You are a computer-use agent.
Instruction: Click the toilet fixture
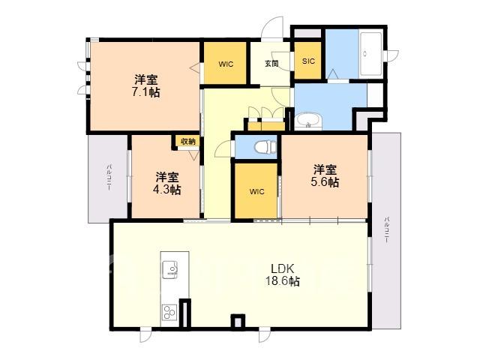point(265,147)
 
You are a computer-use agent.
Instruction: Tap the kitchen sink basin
point(170,270)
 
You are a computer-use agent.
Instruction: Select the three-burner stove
point(169,312)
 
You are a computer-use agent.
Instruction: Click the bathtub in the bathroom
point(370,53)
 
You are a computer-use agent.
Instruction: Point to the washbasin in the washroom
point(309,121)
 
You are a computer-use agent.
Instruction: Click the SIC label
point(308,61)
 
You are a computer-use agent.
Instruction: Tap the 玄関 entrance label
point(271,64)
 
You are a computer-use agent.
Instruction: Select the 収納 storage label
point(188,142)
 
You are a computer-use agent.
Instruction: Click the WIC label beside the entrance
point(226,64)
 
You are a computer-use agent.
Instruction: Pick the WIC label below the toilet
point(256,192)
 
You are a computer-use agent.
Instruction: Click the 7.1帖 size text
point(146,91)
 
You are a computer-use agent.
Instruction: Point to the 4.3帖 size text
point(166,190)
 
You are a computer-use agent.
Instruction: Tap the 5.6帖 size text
point(325,182)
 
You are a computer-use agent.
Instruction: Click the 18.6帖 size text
point(282,281)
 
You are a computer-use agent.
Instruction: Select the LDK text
point(283,268)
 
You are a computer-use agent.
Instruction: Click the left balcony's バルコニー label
point(109,178)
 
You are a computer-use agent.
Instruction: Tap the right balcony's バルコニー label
point(387,230)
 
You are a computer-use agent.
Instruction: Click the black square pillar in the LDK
point(238,322)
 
